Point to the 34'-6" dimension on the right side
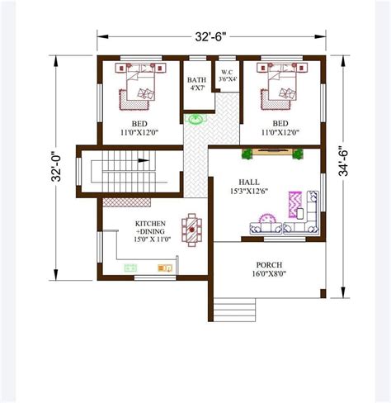click(x=344, y=162)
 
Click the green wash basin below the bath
click(x=196, y=120)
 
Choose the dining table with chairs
click(x=192, y=230)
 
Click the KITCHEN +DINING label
click(x=152, y=229)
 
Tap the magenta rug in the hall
click(x=294, y=203)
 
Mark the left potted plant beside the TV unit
click(x=246, y=153)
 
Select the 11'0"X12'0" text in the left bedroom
click(x=139, y=132)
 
